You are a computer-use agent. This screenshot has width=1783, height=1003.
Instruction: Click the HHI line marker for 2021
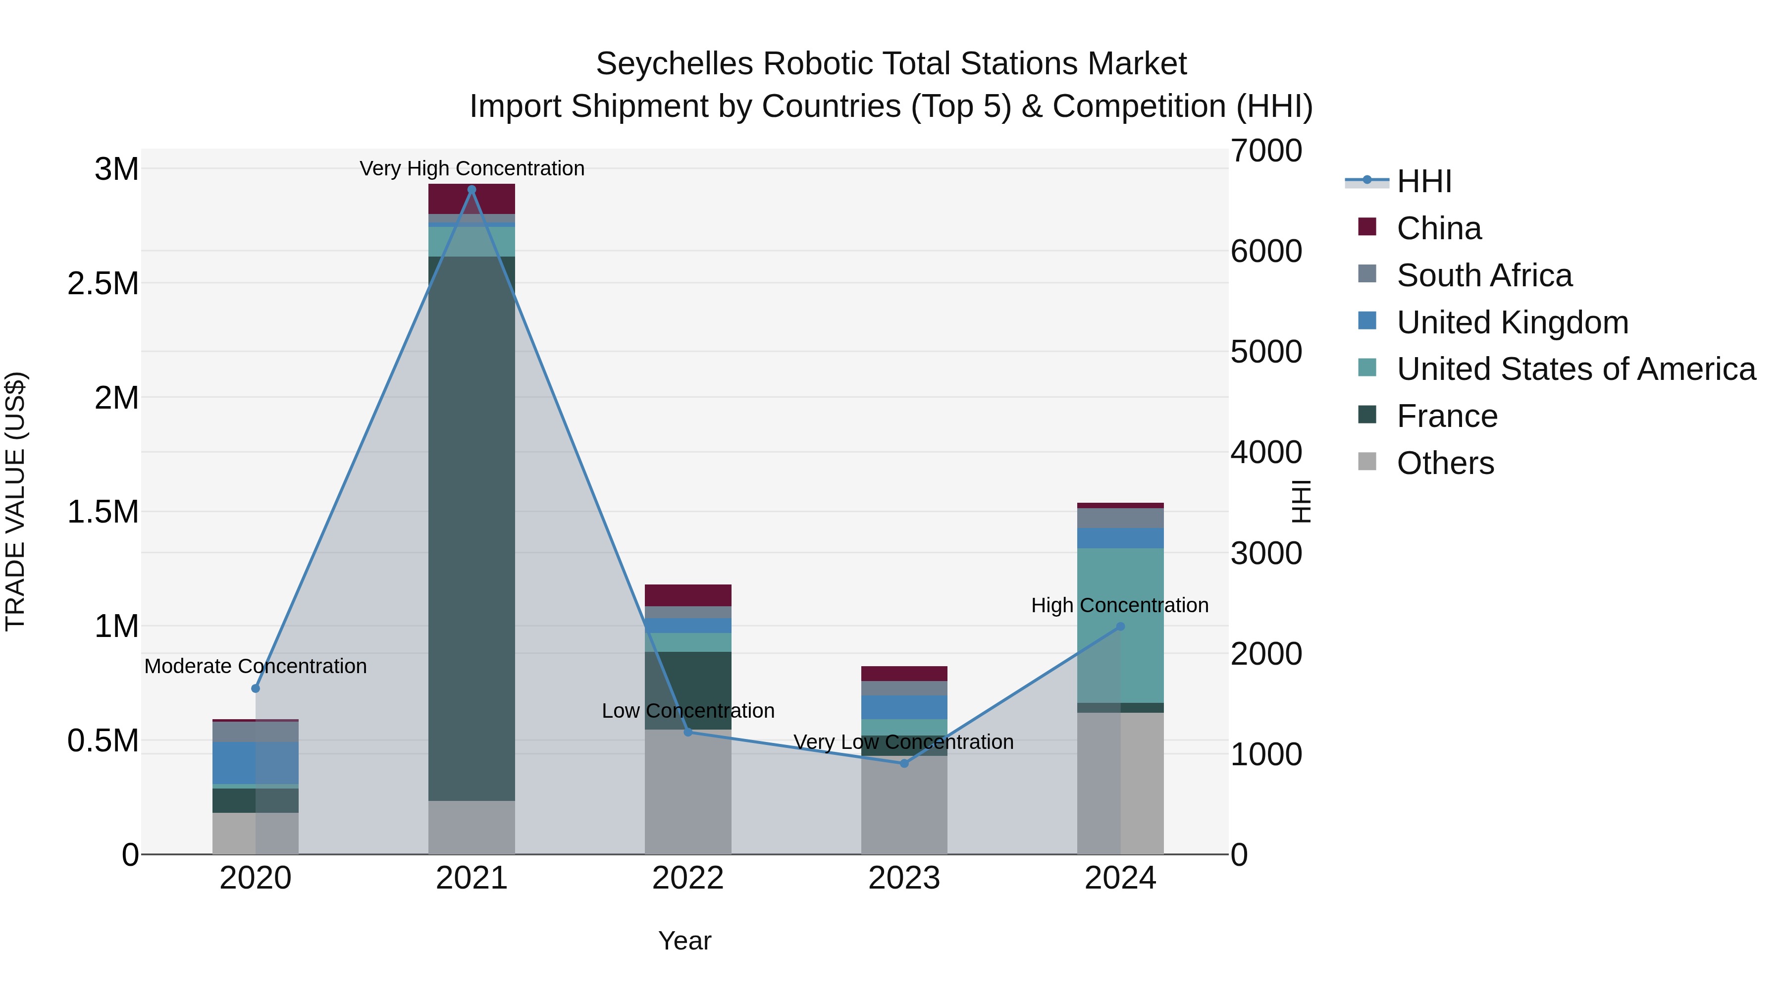pos(472,190)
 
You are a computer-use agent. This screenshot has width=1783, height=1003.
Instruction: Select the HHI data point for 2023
pos(904,763)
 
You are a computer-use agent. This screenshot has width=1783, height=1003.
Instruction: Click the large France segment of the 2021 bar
pos(472,526)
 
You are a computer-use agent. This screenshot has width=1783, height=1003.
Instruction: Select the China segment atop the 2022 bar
pos(688,595)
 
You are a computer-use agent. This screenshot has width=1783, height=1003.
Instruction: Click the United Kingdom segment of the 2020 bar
pos(256,762)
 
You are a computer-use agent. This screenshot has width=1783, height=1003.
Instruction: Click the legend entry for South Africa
pos(1484,275)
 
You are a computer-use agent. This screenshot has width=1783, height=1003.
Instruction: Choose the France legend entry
pos(1447,416)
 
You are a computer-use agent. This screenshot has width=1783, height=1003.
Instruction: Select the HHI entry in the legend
pos(1424,181)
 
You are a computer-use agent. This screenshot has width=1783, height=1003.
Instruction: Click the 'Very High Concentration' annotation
pos(472,168)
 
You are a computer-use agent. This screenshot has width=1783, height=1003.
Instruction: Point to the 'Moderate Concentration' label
pos(256,666)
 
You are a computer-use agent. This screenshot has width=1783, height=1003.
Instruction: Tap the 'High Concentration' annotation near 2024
pos(1119,605)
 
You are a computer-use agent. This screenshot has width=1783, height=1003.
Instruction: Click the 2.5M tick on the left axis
pos(103,284)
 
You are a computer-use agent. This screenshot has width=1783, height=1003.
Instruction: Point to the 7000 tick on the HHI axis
pos(1266,151)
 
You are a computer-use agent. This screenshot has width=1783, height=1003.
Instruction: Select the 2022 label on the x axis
pos(687,878)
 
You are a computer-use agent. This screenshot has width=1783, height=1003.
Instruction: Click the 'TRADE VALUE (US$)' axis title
pos(15,501)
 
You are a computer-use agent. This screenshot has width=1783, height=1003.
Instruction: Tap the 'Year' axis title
pos(684,941)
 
